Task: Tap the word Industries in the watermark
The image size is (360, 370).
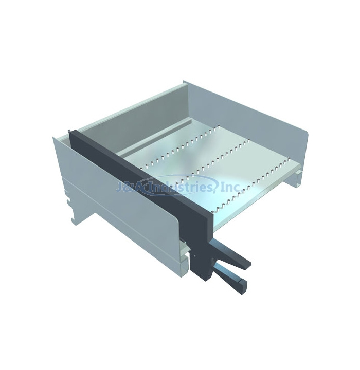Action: [175, 186]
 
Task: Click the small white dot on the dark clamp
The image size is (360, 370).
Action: [194, 255]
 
